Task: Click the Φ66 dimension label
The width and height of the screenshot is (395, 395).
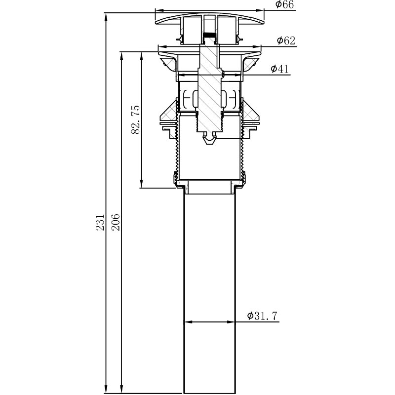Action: point(285,4)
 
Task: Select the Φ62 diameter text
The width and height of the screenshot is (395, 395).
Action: point(286,40)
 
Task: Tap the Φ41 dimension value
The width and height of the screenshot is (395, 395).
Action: point(279,69)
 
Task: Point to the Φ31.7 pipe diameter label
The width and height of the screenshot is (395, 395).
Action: point(262,316)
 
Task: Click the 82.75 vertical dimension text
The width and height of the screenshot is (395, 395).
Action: point(135,119)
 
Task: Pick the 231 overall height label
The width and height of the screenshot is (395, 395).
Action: point(100,223)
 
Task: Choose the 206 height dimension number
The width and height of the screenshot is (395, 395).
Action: point(116,223)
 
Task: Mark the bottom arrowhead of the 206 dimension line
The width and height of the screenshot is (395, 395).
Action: point(121,389)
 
